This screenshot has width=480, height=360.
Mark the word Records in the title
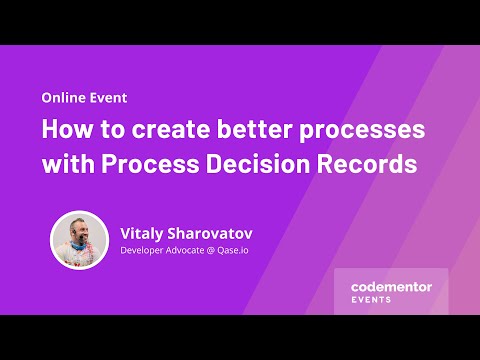pos(365,164)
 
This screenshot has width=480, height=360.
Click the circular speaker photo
pos(79,240)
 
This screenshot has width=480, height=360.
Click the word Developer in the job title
pos(146,251)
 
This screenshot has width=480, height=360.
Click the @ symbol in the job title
pos(225,251)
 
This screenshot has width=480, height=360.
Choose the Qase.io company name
pos(250,251)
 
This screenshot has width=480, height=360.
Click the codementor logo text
pos(391,286)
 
